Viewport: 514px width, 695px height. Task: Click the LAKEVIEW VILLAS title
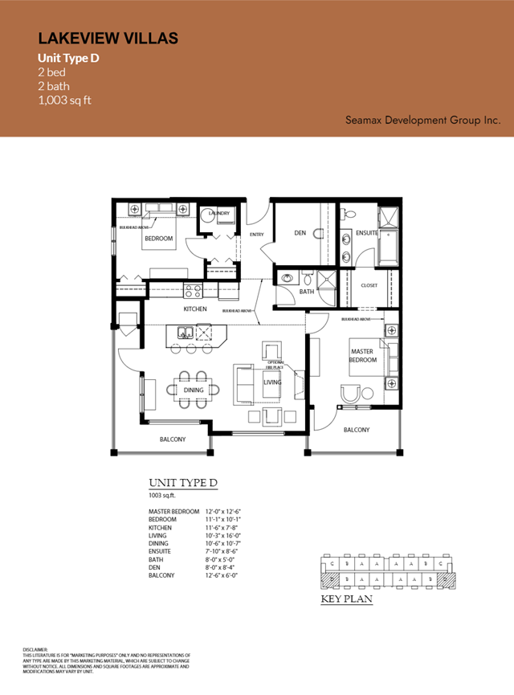click(108, 38)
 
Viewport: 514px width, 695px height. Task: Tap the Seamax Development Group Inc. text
click(422, 120)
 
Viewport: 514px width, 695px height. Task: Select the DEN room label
click(300, 233)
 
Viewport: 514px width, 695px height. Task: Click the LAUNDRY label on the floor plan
click(219, 213)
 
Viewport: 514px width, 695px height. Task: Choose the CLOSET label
click(369, 285)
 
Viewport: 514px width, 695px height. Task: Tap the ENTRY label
click(257, 235)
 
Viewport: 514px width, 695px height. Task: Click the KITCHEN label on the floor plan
click(195, 309)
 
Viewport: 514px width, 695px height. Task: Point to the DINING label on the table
click(193, 390)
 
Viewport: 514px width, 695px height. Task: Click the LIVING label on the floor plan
click(273, 382)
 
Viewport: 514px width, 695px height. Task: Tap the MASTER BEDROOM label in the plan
click(362, 355)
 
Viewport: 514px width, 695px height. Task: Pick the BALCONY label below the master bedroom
click(356, 430)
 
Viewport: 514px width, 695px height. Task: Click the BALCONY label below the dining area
click(172, 439)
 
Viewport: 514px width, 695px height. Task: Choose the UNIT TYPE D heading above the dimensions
click(183, 483)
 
